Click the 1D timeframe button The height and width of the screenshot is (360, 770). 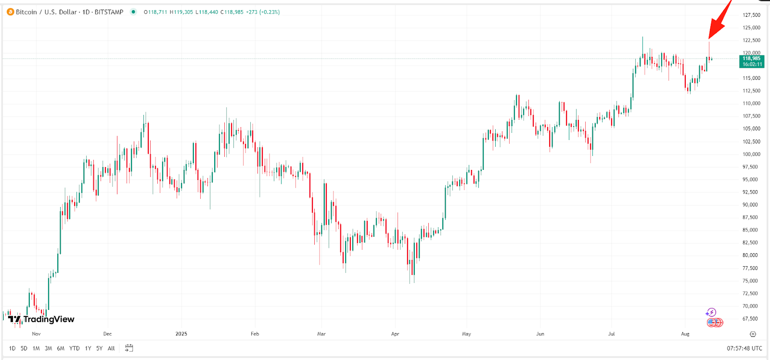coord(12,348)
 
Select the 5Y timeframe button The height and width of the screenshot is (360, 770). coord(99,348)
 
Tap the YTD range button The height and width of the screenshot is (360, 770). coord(74,348)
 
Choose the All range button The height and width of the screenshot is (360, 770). coord(111,348)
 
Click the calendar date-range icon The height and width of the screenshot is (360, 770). coord(129,348)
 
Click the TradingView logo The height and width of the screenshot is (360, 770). coord(41,319)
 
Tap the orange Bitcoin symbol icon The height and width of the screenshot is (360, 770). coord(10,12)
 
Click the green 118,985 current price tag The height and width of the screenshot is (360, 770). coord(751,61)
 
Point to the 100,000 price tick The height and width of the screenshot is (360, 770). coord(751,154)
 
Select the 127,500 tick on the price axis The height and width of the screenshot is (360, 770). coord(751,15)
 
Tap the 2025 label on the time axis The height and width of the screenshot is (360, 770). coord(181,334)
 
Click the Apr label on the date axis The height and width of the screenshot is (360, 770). coord(395,334)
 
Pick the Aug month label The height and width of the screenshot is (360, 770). coord(685,334)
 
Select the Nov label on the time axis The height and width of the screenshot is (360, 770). coord(36,334)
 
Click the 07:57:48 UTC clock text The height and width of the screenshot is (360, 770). coord(744,348)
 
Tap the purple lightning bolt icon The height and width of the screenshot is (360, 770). coord(711,312)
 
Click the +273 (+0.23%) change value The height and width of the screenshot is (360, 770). coord(263,12)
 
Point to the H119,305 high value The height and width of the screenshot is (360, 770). coord(181,12)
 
